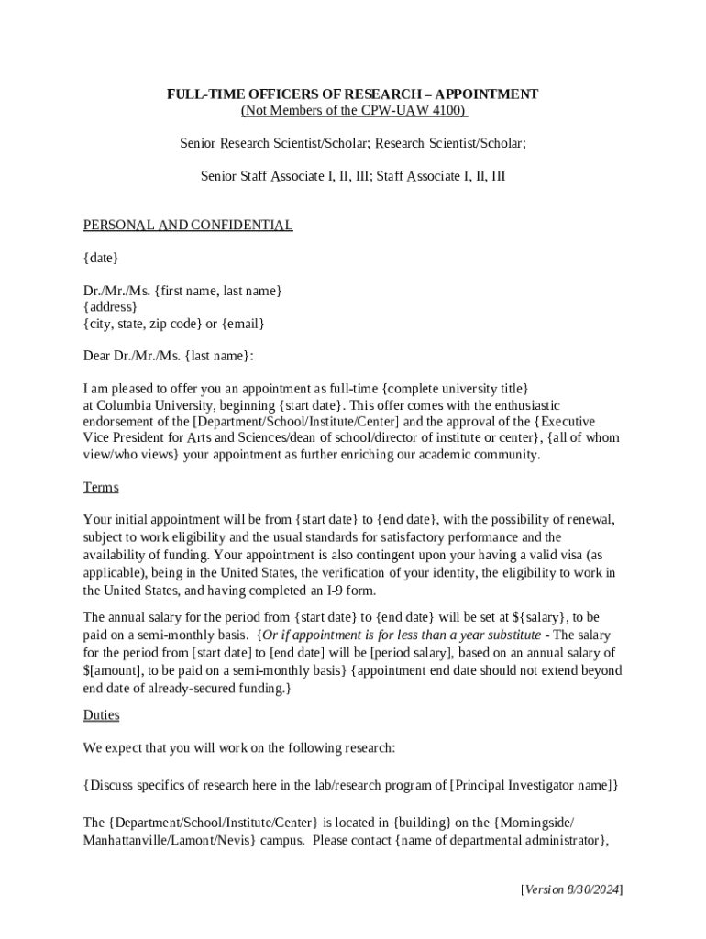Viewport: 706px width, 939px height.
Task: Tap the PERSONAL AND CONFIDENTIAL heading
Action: point(188,225)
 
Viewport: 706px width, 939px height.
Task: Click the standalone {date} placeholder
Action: point(101,258)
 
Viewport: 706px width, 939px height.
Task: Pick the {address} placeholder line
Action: point(110,307)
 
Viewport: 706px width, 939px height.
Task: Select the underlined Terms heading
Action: point(101,487)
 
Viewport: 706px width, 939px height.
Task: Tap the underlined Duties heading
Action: point(101,714)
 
